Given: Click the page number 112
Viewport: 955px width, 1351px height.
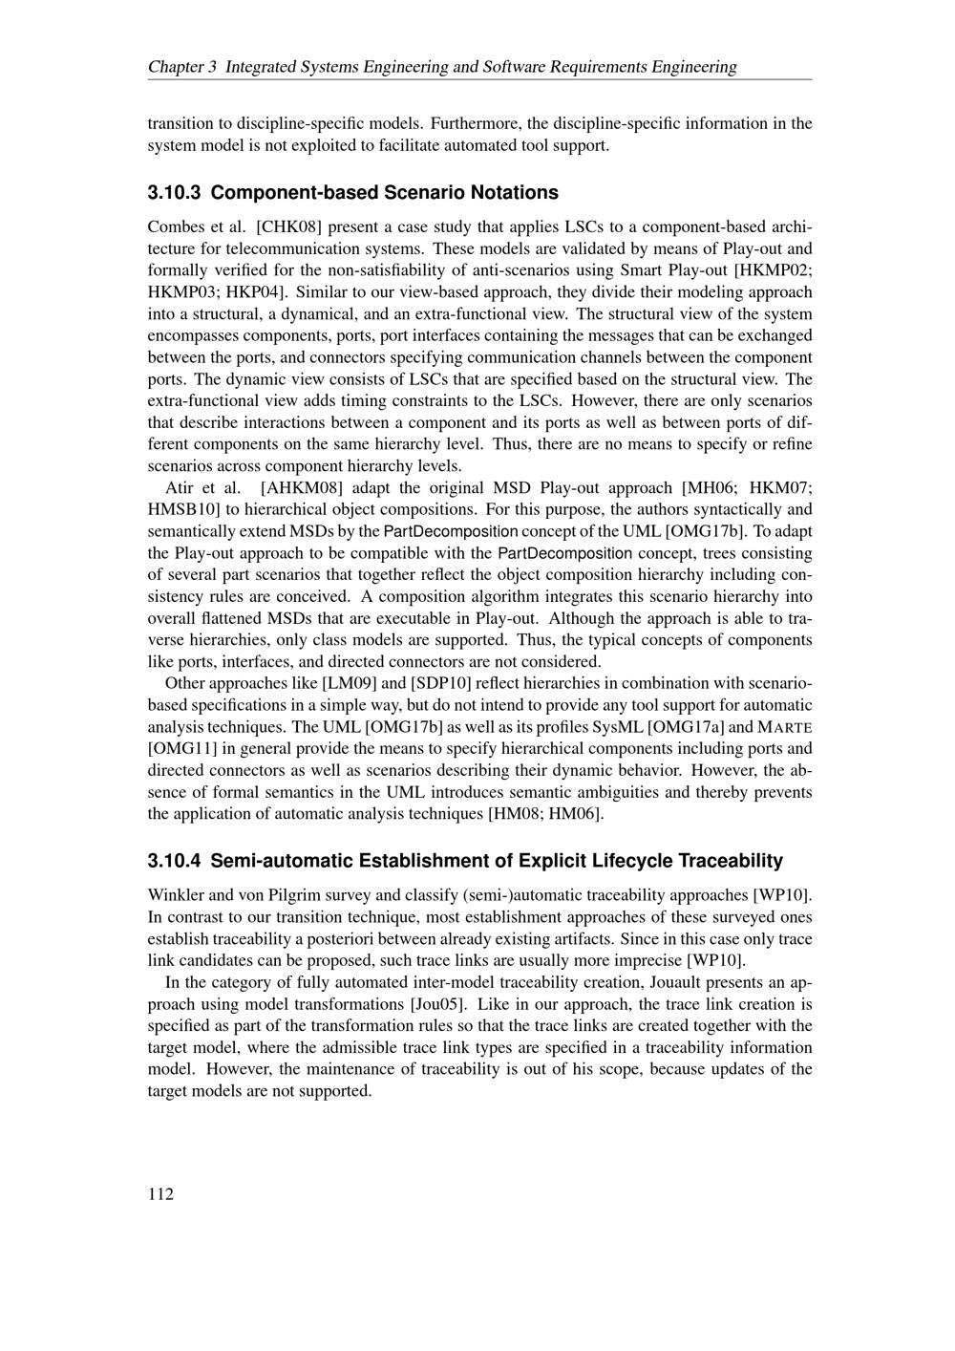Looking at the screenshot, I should [160, 1193].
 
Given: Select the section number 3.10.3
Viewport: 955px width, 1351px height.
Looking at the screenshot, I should [174, 193].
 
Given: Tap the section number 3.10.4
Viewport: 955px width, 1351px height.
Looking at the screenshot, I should [174, 861].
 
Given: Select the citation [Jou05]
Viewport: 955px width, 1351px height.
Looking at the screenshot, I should [438, 1004].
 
